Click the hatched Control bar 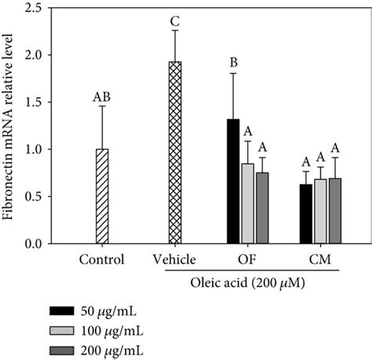coord(101,196)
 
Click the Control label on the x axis coord(101,259)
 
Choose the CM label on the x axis coord(320,259)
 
